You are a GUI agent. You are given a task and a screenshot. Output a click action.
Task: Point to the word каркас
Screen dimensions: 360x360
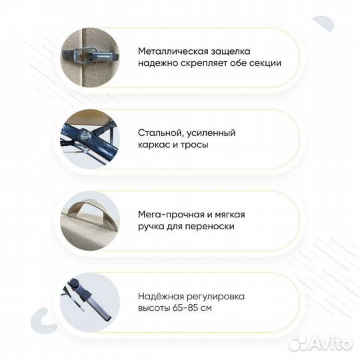pyautogui.click(x=156, y=145)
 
